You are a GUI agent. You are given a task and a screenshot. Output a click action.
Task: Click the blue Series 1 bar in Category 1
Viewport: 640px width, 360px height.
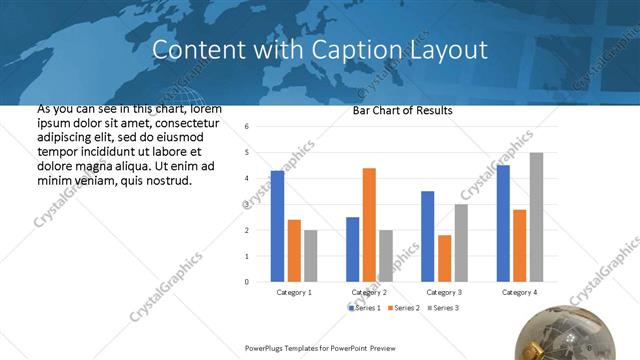277,226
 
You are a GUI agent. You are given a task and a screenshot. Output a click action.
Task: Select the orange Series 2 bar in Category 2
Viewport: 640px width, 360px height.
369,225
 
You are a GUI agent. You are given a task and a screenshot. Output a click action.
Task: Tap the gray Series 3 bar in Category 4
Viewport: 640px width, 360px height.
536,217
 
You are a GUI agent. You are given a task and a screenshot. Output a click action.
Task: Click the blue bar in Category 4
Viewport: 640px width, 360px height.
503,223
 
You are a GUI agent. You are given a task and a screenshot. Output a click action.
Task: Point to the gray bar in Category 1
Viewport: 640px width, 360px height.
311,256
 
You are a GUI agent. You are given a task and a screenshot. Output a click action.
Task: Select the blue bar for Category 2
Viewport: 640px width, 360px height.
352,249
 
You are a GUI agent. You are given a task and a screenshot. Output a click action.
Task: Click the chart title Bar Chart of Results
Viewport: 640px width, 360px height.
403,110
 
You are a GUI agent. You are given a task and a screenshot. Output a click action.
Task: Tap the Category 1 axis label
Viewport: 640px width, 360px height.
294,292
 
